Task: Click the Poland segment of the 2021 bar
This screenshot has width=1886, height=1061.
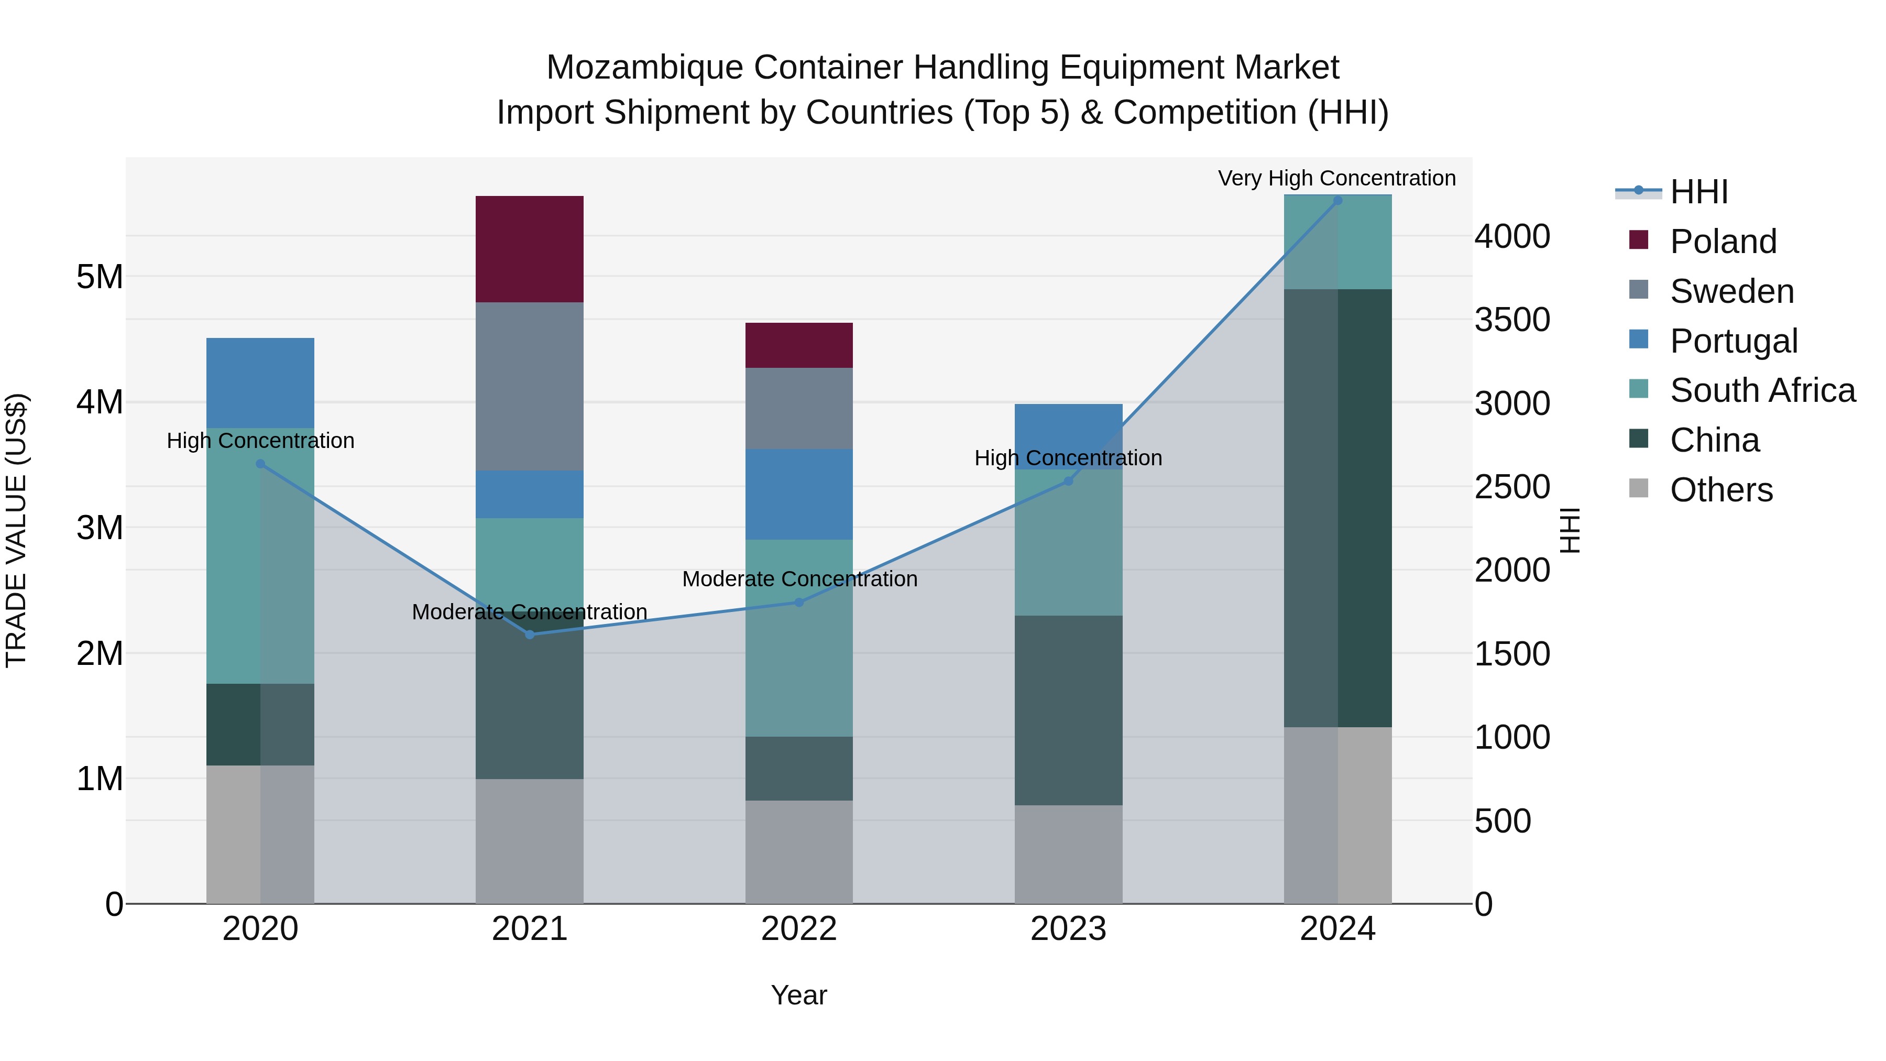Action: pos(529,249)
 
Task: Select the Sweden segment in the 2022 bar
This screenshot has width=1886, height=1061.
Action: pos(799,408)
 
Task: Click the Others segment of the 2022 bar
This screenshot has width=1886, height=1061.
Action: pos(799,851)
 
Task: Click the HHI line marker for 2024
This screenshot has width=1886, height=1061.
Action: pos(1337,201)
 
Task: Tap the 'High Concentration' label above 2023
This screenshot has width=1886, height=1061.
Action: pos(1068,457)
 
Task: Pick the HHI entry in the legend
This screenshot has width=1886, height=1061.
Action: pos(1698,192)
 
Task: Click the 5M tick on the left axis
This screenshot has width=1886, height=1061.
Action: pos(100,277)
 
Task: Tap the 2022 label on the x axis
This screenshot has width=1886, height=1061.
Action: pos(799,929)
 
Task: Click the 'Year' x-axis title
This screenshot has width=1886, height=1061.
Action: pos(799,995)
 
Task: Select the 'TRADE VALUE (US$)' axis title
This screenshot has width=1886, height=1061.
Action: pos(16,530)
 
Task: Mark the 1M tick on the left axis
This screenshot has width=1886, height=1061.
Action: pos(100,779)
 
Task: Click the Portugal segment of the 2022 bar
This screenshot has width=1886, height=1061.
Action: pos(799,494)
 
